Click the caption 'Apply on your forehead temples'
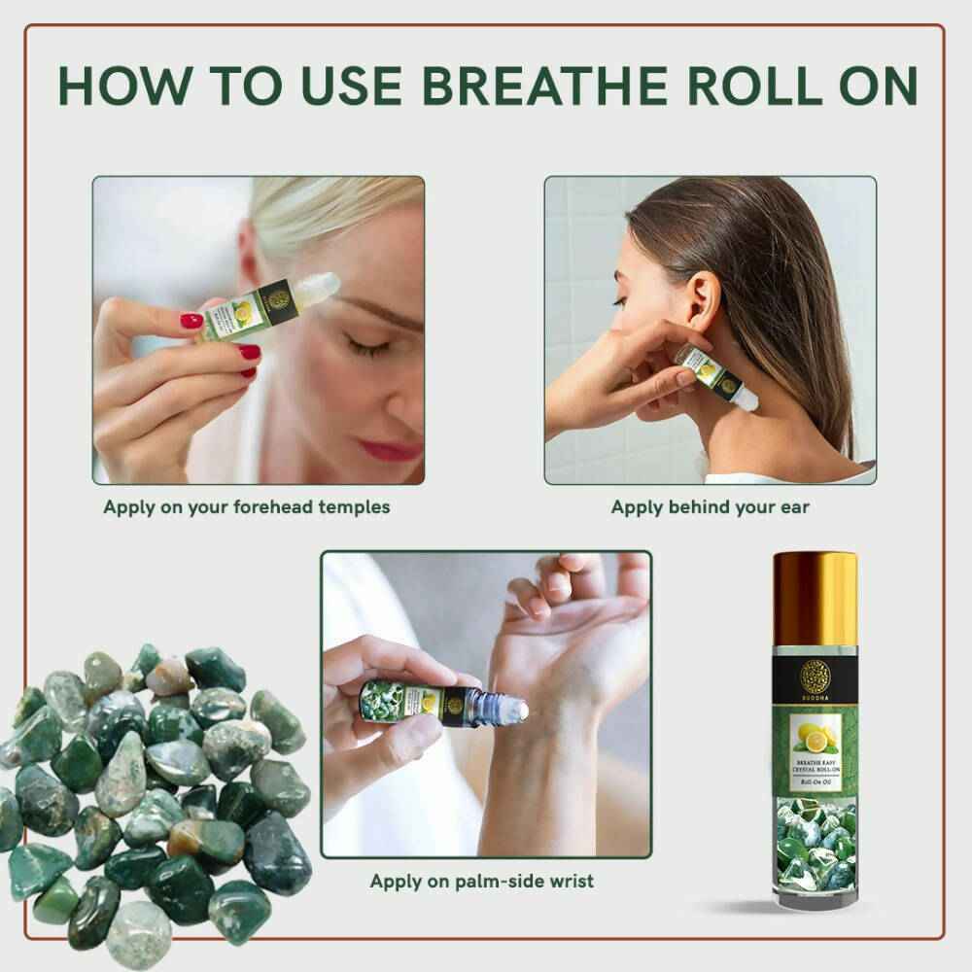(246, 507)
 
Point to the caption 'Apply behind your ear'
(710, 507)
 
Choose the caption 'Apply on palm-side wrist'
(481, 882)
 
